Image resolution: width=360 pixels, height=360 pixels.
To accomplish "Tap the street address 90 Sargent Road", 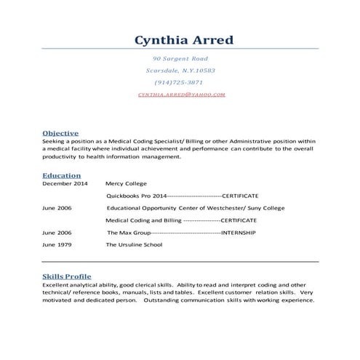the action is pos(180,58).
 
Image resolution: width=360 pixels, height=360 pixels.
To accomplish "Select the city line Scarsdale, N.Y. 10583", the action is pos(180,71).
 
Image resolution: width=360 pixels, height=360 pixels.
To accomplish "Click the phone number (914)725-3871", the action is pos(180,82).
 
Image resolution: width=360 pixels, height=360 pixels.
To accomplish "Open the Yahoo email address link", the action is pos(180,95).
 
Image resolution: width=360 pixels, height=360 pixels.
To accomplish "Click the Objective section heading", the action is pos(60,133).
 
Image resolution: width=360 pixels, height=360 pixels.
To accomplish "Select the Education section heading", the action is pos(61,175).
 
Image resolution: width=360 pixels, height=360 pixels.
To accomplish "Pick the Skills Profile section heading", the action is pos(67,277).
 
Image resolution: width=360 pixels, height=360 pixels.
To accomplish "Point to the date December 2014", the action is pos(64,184).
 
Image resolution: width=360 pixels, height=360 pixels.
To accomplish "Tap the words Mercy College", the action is pos(126,184).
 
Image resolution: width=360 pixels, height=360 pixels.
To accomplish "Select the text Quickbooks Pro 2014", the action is pos(137,196).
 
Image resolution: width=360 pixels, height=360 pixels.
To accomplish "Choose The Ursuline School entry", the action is pos(135,244).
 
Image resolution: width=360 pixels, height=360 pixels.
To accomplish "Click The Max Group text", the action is pos(128,232).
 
